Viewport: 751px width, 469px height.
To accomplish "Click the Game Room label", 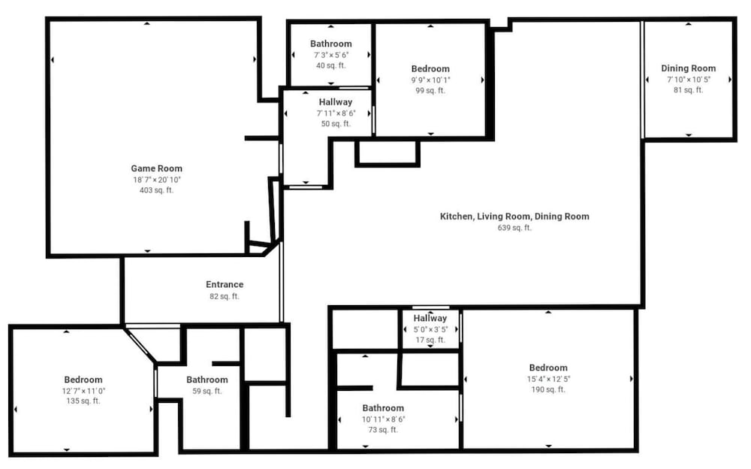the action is (x=157, y=168).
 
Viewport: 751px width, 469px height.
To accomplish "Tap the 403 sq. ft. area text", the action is (x=157, y=190).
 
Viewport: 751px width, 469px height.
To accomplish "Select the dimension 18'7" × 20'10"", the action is (x=157, y=180).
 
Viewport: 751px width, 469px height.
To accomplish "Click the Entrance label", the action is (x=225, y=284).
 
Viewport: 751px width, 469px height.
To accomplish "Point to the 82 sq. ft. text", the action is (x=224, y=296).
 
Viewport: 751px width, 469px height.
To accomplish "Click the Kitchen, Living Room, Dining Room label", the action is (x=514, y=216).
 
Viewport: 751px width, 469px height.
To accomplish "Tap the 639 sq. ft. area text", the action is (x=514, y=228).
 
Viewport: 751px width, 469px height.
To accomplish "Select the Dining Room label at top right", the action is (x=688, y=68).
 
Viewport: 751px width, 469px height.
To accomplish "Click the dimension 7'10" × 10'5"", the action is (x=688, y=80).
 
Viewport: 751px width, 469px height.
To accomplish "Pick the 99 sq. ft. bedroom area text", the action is (x=430, y=91).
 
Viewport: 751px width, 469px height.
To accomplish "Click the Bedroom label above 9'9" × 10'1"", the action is (x=430, y=68).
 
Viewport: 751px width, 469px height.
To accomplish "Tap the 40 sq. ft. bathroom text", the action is (x=330, y=65).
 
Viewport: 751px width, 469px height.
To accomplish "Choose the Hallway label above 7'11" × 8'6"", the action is (x=335, y=101).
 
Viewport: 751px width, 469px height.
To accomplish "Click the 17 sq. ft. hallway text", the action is (x=430, y=340).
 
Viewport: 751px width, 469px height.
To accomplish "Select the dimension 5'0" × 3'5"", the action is (x=430, y=329).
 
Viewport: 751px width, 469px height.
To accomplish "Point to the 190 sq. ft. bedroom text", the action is (x=548, y=389).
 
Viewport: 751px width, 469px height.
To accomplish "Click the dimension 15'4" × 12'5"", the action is (x=548, y=379).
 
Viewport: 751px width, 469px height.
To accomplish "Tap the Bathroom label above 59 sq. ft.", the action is (x=207, y=380).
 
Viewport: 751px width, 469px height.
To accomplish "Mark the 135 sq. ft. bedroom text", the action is (x=83, y=401).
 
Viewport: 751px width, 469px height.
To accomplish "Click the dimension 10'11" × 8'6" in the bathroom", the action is (x=383, y=419).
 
